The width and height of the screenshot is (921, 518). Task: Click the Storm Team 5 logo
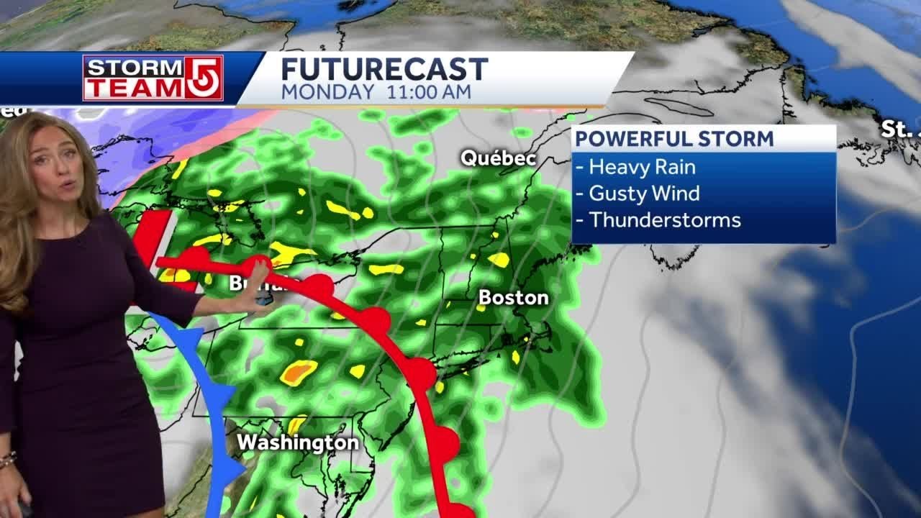153,78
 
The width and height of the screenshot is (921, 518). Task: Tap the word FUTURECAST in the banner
384,70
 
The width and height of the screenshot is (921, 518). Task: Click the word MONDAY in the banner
327,92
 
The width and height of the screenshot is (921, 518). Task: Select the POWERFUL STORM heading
674,138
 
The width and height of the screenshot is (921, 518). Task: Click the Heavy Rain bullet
642,167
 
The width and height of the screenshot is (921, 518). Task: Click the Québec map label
499,158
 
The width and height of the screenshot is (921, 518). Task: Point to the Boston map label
513,297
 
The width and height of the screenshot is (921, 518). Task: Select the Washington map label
298,442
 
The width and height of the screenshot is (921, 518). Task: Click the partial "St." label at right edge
899,129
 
